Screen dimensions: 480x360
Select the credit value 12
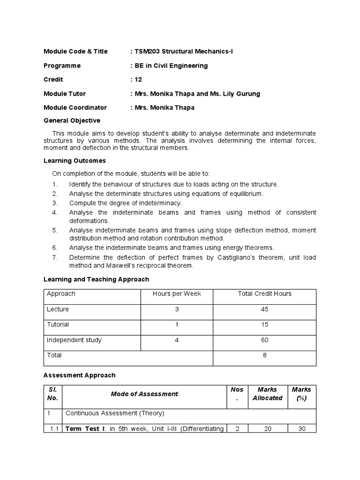point(138,80)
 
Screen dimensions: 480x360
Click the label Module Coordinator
point(75,107)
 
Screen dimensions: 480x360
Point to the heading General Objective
point(72,120)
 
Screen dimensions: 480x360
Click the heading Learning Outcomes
point(75,161)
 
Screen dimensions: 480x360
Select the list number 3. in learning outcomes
point(55,203)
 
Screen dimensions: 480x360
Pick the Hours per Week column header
point(177,293)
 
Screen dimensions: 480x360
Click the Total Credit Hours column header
point(264,293)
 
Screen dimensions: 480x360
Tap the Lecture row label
point(58,309)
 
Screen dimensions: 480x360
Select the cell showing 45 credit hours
point(264,309)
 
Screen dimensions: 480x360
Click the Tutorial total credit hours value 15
point(264,324)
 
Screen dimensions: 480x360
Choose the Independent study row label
point(74,340)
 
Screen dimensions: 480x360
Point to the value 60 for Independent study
point(264,340)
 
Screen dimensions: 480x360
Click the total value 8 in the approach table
point(264,355)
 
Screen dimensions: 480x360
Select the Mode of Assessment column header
point(144,394)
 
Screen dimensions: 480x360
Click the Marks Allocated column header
point(267,394)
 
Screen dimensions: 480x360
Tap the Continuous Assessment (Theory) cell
point(115,413)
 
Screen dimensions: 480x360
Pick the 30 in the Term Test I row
point(301,428)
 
